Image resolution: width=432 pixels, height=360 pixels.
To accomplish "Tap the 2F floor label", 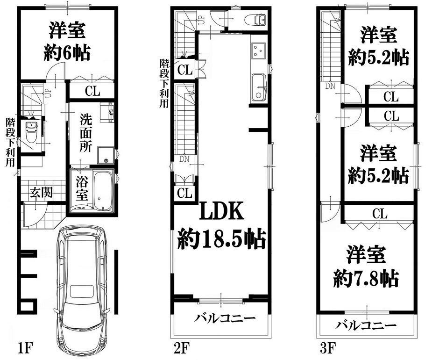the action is coord(182,348).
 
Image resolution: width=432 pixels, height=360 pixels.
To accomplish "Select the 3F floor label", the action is coord(328,348).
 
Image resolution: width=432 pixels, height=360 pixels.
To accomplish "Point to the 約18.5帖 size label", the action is coord(221,239).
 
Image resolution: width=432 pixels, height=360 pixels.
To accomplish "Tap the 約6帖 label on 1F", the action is coord(67,53).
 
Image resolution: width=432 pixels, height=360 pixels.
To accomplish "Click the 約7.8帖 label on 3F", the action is coord(366,279).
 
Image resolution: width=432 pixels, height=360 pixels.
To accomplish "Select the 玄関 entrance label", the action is coord(41,192).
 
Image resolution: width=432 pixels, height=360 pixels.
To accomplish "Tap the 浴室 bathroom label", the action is coord(82,189).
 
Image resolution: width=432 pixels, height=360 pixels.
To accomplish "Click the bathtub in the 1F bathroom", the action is coord(103,191).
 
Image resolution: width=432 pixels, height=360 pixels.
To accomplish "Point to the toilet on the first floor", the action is coord(31,131).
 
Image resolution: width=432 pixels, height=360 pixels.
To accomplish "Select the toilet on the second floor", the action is coord(255,20).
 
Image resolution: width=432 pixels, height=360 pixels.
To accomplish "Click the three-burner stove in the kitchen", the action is coord(259,50).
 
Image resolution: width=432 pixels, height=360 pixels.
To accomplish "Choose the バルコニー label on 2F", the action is coord(225,318).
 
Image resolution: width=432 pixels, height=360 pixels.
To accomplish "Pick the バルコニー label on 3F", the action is coord(366,325).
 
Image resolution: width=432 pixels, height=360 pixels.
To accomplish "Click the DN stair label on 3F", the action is coord(330,86).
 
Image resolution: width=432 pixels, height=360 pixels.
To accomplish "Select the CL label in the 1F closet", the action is coord(92,91).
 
